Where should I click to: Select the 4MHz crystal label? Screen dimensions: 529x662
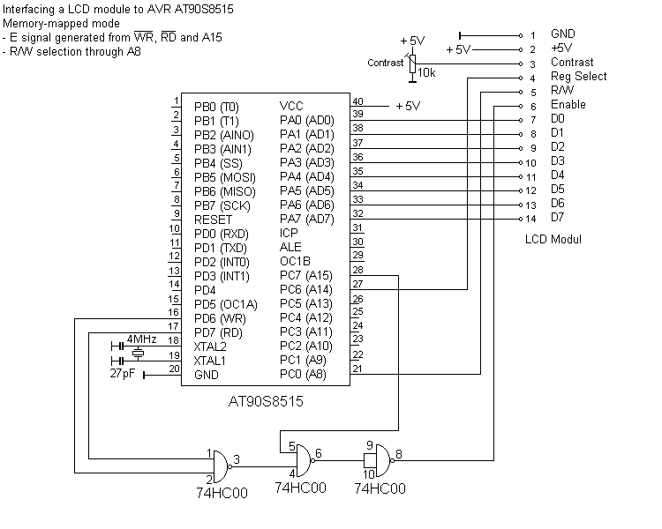(x=141, y=339)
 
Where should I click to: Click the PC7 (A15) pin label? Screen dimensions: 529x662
(x=306, y=275)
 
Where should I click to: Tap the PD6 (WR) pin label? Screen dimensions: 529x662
(x=221, y=317)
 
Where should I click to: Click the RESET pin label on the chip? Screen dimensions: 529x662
(x=213, y=220)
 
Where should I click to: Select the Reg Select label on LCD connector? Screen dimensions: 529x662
(x=578, y=77)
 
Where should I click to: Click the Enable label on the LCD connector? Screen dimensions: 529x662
(x=568, y=105)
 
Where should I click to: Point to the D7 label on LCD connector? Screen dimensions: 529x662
(x=557, y=218)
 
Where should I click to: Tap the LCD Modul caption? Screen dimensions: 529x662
(x=553, y=239)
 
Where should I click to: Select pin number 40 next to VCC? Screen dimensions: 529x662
(x=357, y=101)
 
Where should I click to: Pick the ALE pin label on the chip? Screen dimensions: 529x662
(x=290, y=247)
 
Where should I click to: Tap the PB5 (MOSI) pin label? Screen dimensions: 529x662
(x=224, y=177)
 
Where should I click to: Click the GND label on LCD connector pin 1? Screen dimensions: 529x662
(x=562, y=34)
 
